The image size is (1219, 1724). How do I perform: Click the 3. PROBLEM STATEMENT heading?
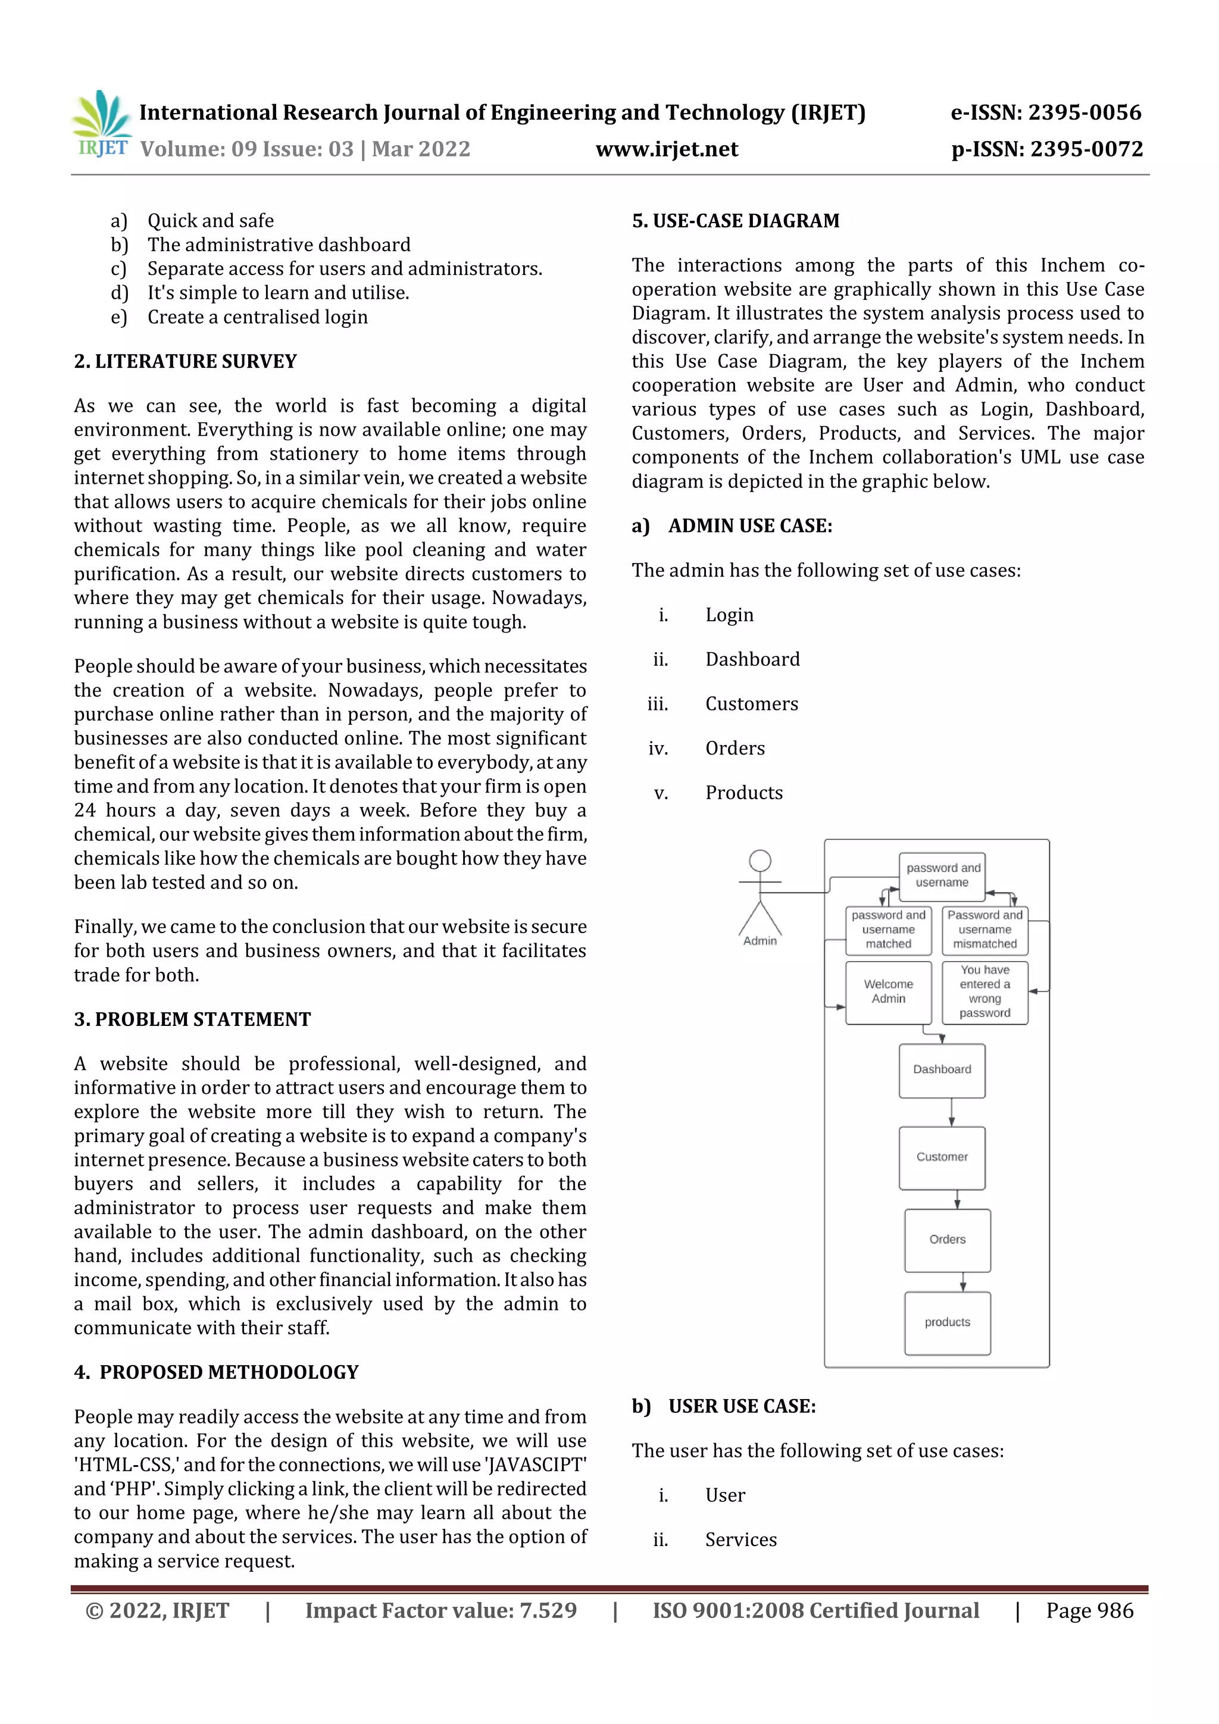(192, 1019)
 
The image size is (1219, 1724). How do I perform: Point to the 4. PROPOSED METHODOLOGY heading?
(216, 1372)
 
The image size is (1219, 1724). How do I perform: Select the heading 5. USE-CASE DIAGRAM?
(735, 221)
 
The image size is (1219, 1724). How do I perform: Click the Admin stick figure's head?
(760, 860)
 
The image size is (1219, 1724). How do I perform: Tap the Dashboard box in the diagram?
(942, 1070)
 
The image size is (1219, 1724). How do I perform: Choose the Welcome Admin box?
(889, 992)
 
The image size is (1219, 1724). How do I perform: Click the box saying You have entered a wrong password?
(984, 992)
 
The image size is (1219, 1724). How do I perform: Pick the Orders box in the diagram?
(947, 1240)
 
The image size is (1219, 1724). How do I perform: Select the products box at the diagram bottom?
(947, 1322)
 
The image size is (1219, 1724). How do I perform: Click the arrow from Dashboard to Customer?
(952, 1112)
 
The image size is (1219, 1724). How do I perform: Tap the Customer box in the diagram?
(942, 1157)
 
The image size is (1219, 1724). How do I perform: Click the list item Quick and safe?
(210, 221)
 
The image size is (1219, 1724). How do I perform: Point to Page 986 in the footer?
(1089, 1610)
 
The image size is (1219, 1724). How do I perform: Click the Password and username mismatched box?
(984, 930)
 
